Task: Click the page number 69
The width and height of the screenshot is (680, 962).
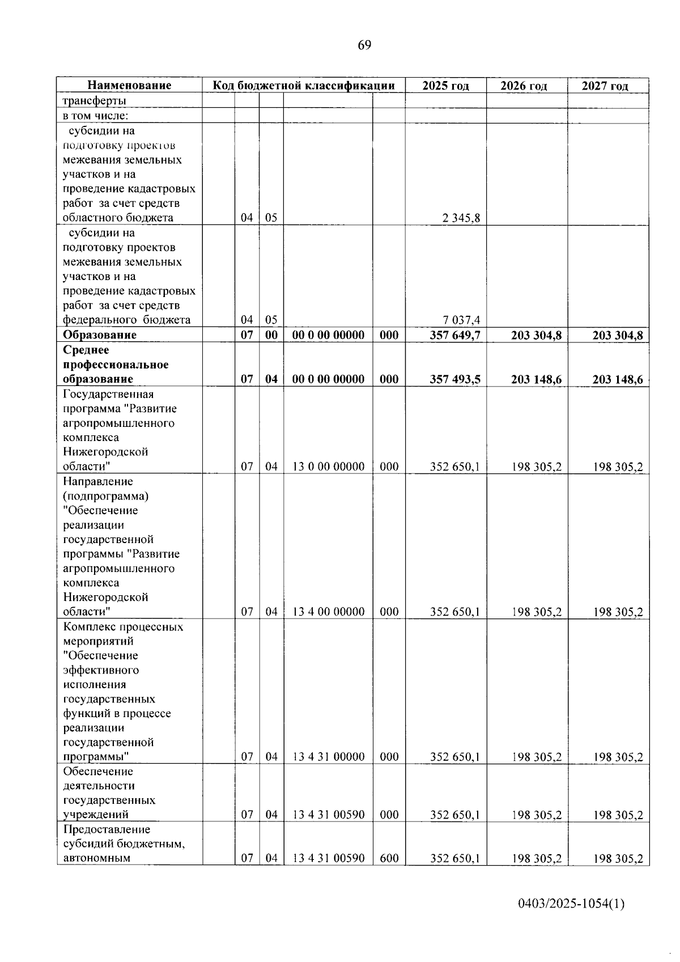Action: [x=364, y=45]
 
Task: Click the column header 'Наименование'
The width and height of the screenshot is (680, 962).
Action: [x=129, y=86]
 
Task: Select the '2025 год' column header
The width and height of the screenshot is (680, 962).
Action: [x=445, y=86]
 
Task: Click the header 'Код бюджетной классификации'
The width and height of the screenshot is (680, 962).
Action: [x=304, y=86]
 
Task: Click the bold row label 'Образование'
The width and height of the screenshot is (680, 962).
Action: [x=100, y=335]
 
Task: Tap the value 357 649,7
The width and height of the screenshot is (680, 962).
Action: [x=455, y=335]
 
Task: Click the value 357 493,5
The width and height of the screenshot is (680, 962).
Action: [x=455, y=379]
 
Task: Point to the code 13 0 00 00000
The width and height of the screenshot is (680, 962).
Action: [x=328, y=467]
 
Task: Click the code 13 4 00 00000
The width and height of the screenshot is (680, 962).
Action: [x=328, y=612]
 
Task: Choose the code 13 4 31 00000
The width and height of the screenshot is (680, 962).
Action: [x=328, y=757]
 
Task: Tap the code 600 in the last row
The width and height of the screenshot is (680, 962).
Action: [x=389, y=858]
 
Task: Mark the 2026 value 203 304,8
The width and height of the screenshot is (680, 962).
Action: [x=536, y=336]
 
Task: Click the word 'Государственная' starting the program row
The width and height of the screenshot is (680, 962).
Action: [x=108, y=394]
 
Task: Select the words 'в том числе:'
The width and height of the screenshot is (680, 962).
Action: [x=95, y=116]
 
